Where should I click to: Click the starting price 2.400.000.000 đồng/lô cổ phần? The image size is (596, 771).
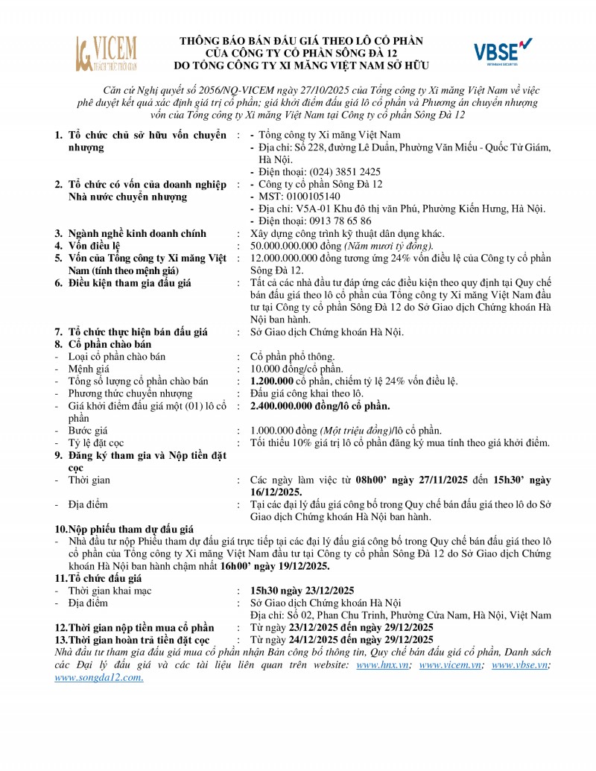[x=320, y=406]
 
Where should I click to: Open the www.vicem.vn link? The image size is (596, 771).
[x=449, y=664]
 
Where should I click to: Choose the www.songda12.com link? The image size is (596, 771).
[x=99, y=677]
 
